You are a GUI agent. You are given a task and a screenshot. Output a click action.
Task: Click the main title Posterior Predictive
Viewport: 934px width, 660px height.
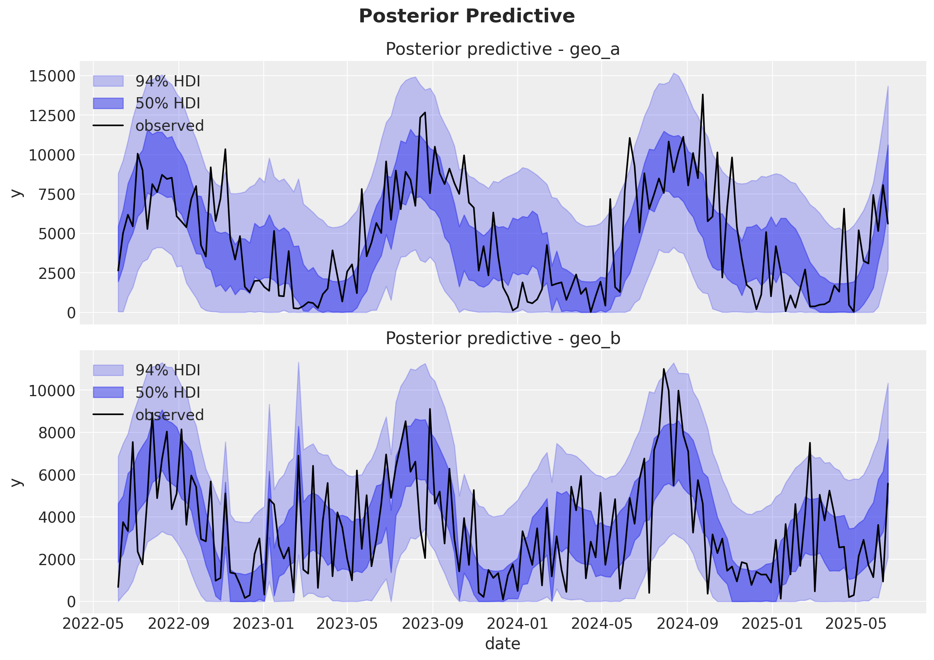point(466,16)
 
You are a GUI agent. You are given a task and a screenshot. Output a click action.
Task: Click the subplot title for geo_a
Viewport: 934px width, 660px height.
point(502,49)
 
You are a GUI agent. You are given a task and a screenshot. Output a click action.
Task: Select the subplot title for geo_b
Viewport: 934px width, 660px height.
point(502,338)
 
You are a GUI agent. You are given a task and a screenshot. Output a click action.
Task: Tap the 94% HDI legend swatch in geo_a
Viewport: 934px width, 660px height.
point(108,81)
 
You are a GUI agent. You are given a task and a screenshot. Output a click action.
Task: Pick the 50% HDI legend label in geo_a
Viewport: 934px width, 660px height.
point(168,103)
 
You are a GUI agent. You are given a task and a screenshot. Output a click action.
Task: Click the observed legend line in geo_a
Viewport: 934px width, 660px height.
point(108,125)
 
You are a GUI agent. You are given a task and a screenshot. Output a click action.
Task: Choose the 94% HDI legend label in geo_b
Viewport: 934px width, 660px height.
point(168,370)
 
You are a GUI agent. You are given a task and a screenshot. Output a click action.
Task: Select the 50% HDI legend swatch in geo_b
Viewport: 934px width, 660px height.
point(108,393)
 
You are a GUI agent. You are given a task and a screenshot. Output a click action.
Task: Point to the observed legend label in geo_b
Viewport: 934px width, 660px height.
point(169,415)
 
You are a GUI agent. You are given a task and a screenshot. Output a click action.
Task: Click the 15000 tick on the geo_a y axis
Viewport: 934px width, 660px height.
point(52,76)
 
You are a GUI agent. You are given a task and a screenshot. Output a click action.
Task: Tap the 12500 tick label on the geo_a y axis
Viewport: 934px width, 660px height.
point(52,116)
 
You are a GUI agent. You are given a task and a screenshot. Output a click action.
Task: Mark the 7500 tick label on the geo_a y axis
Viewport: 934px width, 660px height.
point(57,195)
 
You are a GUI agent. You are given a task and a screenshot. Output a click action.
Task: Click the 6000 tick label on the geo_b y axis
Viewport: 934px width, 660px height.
point(57,475)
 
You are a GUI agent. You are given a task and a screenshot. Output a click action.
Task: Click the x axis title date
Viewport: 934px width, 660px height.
point(502,644)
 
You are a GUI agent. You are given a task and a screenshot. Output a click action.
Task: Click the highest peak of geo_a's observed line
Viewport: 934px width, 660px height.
point(702,95)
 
